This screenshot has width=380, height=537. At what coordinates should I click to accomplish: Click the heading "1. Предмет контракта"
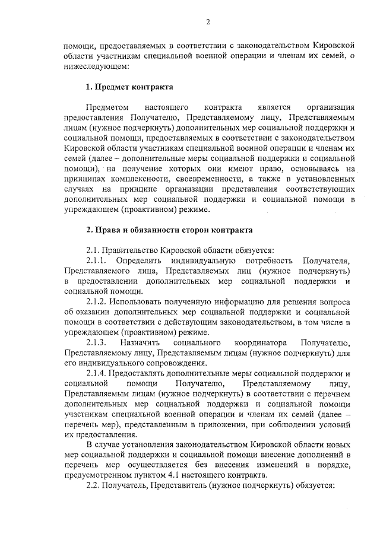(129, 87)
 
